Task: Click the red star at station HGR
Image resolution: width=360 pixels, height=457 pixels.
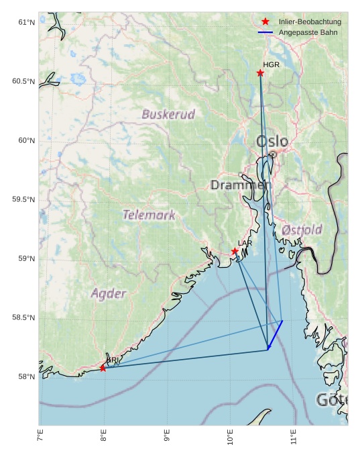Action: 260,72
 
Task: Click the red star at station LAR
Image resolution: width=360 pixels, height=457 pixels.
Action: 235,251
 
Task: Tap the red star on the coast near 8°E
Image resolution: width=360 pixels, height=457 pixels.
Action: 103,368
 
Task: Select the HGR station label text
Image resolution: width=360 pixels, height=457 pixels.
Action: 271,65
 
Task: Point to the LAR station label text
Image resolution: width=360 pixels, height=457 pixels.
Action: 245,243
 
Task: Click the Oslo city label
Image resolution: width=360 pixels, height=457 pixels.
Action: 272,142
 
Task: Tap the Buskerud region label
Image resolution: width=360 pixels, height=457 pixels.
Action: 168,114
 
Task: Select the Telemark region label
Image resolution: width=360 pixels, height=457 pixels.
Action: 149,215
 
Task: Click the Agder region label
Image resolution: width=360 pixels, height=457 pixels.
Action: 109,293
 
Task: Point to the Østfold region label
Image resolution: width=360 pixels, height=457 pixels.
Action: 302,230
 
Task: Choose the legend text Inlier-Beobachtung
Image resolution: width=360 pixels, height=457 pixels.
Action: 310,22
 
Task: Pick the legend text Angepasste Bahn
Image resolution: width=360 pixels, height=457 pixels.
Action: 308,32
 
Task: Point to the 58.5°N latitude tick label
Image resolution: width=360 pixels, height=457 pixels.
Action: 23,317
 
